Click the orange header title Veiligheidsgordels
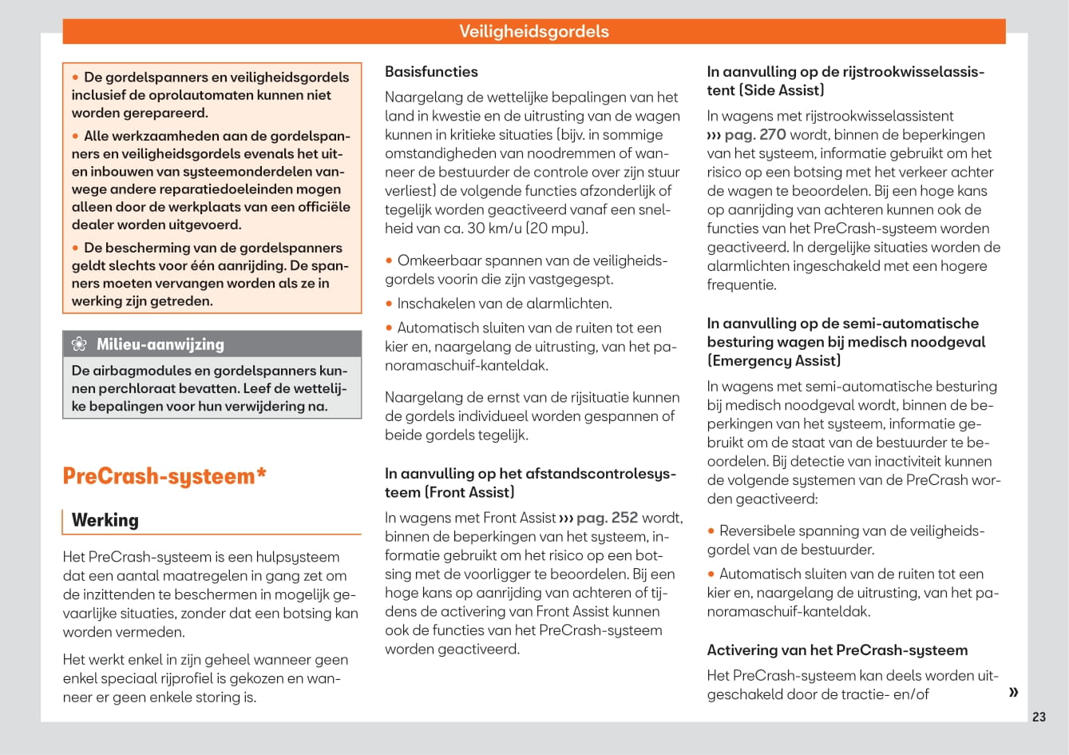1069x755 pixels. pyautogui.click(x=533, y=32)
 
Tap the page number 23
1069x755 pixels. pyautogui.click(x=1039, y=717)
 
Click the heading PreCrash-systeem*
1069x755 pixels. pyautogui.click(x=164, y=476)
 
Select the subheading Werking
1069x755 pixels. pyautogui.click(x=105, y=520)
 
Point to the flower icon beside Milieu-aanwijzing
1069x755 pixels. pyautogui.click(x=79, y=344)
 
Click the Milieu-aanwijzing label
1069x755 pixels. pyautogui.click(x=160, y=344)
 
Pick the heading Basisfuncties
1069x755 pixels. pyautogui.click(x=431, y=72)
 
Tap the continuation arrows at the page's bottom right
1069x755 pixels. pyautogui.click(x=1013, y=692)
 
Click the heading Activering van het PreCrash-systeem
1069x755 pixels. pyautogui.click(x=837, y=650)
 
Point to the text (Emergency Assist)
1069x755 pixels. pyautogui.click(x=774, y=360)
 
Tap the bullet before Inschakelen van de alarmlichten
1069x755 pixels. pyautogui.click(x=390, y=304)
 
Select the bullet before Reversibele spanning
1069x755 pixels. pyautogui.click(x=711, y=531)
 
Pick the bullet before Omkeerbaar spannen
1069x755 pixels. pyautogui.click(x=390, y=261)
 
